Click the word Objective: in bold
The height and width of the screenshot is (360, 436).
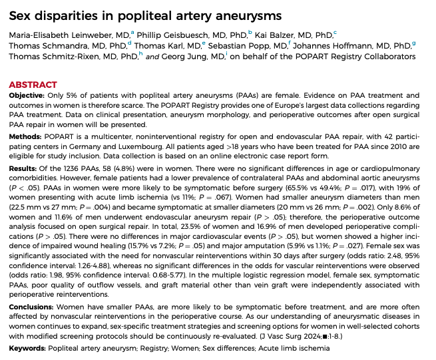click(x=27, y=96)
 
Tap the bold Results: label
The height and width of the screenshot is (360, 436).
click(x=24, y=168)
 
